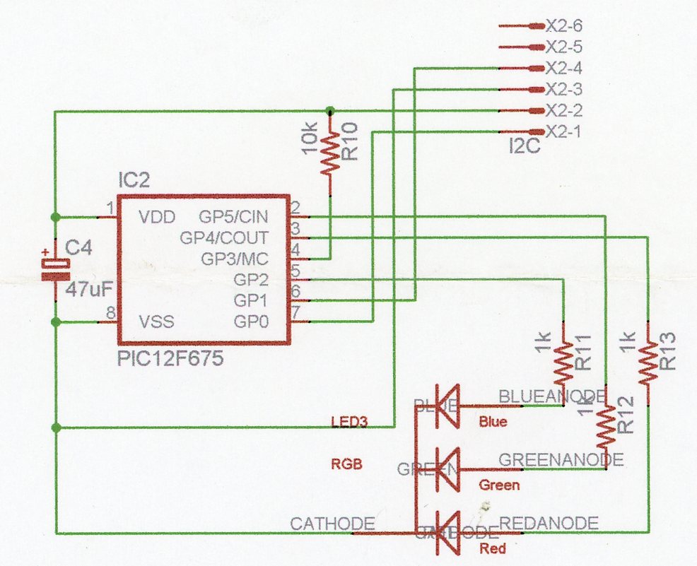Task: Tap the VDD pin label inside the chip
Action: point(156,217)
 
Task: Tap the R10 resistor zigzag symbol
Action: point(330,155)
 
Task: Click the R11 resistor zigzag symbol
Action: point(563,362)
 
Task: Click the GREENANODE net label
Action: point(561,459)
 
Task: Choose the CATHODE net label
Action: point(332,524)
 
